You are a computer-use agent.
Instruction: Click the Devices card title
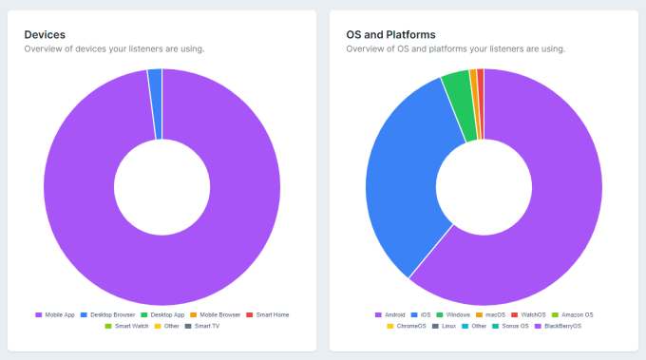45,34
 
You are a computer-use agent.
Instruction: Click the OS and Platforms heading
391,34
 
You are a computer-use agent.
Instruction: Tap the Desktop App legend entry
164,314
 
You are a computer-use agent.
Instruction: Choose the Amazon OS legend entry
578,314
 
